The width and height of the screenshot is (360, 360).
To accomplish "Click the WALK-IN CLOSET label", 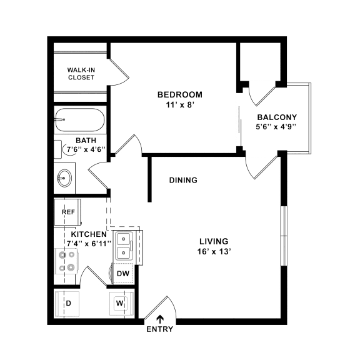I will (81, 74).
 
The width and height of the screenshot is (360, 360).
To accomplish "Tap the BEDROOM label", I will (179, 94).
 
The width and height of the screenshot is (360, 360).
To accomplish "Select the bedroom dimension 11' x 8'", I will (179, 105).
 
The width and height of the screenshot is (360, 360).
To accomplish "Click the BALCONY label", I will (276, 117).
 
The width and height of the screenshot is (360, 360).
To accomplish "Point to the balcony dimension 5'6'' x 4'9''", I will (276, 127).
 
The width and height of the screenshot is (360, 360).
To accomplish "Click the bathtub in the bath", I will (81, 118).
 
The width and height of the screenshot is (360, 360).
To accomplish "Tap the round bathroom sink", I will (64, 178).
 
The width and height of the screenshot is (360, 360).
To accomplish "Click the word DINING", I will (183, 180).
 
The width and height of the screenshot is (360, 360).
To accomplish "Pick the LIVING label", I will (214, 241).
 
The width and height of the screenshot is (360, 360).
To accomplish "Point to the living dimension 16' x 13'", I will (214, 252).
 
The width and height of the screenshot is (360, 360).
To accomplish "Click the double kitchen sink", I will (124, 246).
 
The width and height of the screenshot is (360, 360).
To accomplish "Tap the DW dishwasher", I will (123, 274).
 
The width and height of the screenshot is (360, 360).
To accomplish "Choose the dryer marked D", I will (68, 304).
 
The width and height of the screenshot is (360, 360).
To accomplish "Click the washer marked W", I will (120, 304).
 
